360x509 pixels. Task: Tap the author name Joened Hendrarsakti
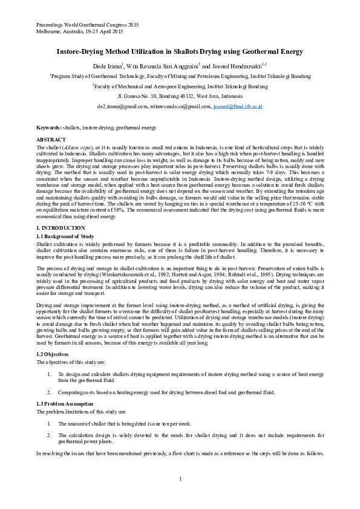[x=237, y=65]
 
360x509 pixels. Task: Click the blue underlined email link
[x=238, y=106]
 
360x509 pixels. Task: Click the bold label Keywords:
[x=49, y=128]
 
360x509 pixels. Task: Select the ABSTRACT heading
[x=51, y=140]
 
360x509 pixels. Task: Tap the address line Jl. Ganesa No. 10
[x=180, y=96]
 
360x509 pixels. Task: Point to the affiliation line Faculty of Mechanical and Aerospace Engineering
[x=180, y=86]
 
